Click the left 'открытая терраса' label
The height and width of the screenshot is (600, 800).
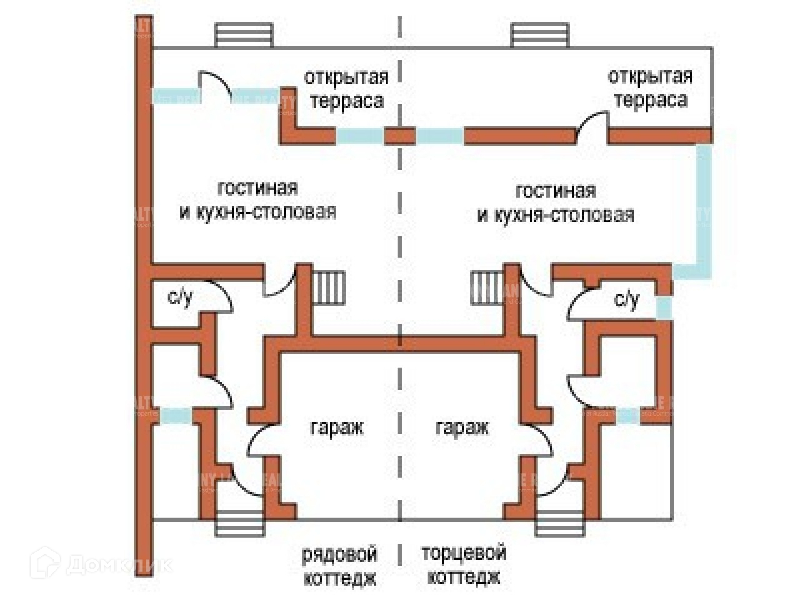click(x=346, y=89)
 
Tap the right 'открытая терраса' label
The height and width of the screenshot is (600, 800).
click(x=650, y=88)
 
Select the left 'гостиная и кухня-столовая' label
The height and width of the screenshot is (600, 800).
click(x=257, y=200)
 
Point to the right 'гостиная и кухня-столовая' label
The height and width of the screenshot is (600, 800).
click(x=556, y=202)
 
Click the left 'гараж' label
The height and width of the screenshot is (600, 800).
click(x=336, y=427)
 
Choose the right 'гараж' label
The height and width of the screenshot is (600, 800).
click(x=462, y=427)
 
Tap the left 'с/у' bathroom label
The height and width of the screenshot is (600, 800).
click(x=181, y=297)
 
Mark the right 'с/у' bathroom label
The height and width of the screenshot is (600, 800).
click(x=627, y=300)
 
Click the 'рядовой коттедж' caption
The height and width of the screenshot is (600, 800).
click(x=340, y=566)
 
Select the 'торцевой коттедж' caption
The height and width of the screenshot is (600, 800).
click(x=463, y=565)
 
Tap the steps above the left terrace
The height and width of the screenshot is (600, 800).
click(x=244, y=35)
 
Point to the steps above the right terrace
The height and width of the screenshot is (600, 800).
click(x=540, y=35)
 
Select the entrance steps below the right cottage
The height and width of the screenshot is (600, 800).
click(x=560, y=524)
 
